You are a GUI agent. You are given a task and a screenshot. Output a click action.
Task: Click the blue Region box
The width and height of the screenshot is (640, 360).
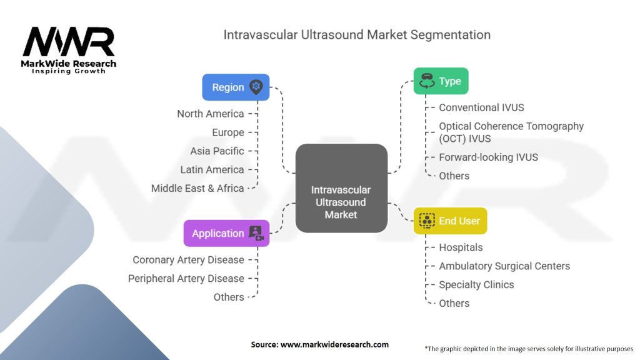click(235, 87)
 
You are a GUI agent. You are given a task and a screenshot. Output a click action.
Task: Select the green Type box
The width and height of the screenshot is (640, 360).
click(441, 81)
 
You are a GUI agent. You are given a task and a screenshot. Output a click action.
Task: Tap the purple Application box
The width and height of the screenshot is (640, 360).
click(226, 233)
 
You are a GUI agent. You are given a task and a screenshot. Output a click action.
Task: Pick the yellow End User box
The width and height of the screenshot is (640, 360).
click(450, 221)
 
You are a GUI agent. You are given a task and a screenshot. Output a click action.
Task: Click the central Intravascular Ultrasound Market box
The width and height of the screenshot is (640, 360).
click(341, 202)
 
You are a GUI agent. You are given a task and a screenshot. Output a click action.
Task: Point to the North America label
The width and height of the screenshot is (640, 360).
click(210, 114)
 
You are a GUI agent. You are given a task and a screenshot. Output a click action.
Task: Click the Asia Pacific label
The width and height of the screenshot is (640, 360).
click(217, 151)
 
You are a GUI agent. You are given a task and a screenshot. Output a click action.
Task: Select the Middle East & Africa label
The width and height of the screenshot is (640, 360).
click(197, 188)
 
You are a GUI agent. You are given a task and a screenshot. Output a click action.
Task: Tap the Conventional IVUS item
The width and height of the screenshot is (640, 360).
click(481, 107)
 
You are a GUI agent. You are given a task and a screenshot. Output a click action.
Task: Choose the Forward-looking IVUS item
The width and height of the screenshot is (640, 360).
click(488, 157)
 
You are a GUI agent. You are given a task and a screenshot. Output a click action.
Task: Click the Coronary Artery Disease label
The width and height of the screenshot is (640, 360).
click(188, 259)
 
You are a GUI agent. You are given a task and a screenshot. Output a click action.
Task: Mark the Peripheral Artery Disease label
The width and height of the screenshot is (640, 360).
click(186, 278)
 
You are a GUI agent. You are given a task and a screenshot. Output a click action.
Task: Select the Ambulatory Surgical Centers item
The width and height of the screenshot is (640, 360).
click(504, 266)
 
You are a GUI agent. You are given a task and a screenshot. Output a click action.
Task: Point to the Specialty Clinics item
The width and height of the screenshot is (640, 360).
click(476, 284)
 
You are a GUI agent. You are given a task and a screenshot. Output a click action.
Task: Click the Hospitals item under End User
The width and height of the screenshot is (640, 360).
click(461, 247)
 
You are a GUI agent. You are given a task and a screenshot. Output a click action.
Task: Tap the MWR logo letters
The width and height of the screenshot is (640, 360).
click(69, 41)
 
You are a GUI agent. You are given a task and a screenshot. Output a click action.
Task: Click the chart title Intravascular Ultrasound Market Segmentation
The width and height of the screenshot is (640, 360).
click(357, 34)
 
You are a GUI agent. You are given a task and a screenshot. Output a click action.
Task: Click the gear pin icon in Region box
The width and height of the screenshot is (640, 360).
click(256, 87)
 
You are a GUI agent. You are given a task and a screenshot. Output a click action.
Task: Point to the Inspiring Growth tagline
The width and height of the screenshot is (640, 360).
click(69, 71)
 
